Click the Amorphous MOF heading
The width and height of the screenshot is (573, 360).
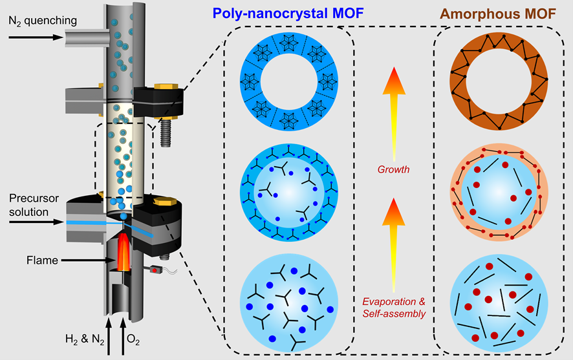[x=498, y=12]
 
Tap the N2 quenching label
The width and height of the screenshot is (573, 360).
[x=42, y=21]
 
